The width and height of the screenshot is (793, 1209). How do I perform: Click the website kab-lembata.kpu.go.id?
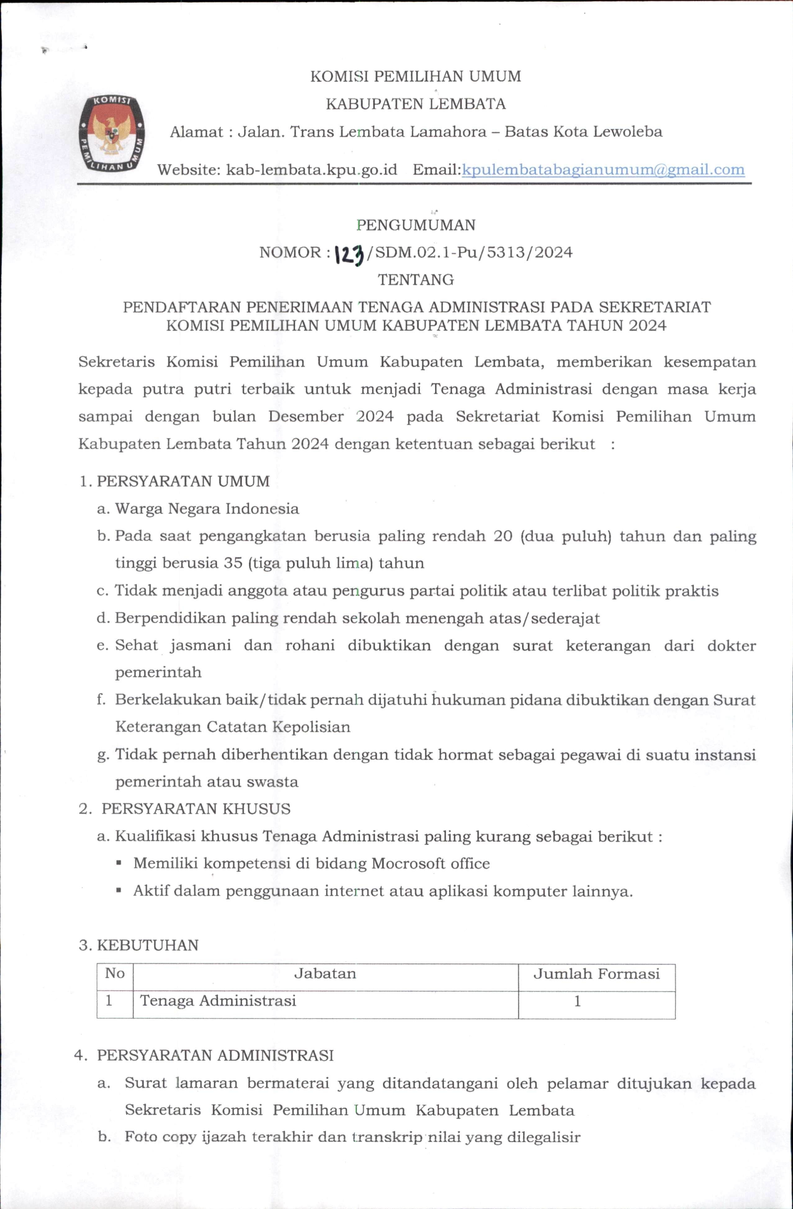311,170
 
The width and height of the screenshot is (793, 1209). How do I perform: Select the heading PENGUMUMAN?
416,225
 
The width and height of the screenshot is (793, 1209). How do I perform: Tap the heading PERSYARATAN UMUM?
183,481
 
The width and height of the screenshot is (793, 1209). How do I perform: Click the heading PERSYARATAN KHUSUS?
196,809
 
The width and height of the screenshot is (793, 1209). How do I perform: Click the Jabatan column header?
325,973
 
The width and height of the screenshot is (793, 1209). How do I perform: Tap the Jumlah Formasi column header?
596,973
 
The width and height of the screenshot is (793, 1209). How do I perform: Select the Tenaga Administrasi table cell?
218,1001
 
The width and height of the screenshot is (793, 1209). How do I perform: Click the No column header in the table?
115,973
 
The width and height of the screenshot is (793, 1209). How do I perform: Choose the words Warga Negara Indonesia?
207,508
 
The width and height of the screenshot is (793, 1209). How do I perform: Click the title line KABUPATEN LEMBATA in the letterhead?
415,104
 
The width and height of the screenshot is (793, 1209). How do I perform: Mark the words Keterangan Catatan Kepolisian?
233,727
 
